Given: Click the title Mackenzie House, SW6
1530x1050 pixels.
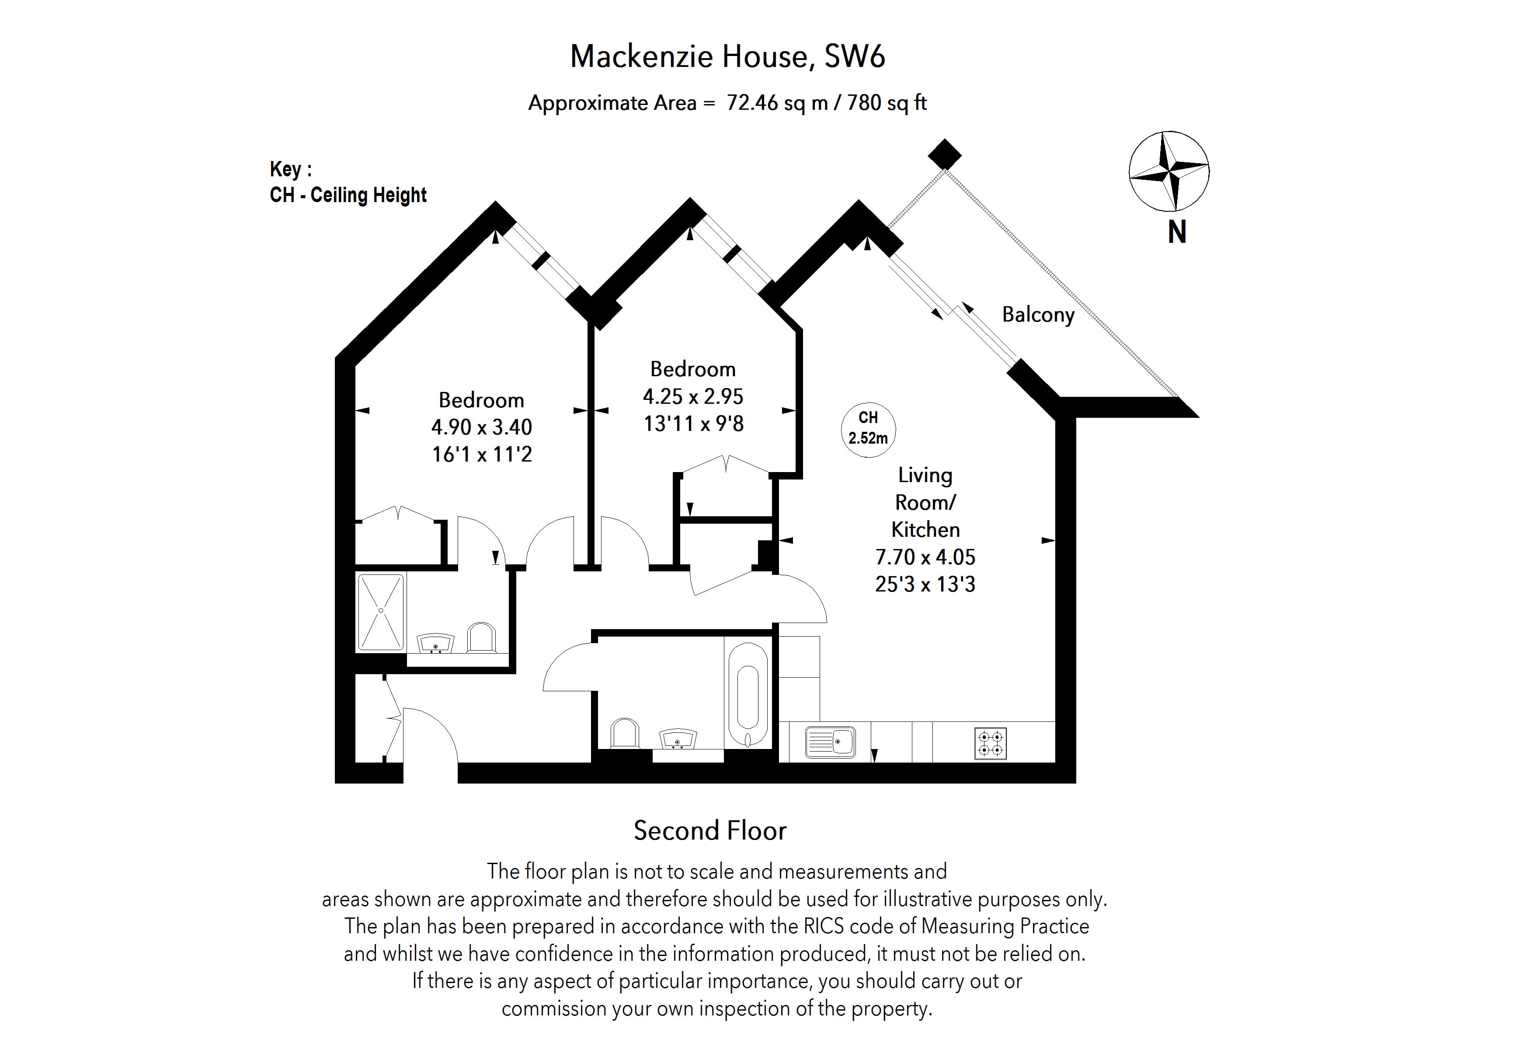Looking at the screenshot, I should pyautogui.click(x=727, y=56).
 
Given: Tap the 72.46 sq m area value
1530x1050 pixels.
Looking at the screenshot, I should pyautogui.click(x=777, y=103).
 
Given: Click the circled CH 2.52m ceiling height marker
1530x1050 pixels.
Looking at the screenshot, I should pyautogui.click(x=868, y=428).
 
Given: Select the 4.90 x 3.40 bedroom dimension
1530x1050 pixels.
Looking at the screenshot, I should pyautogui.click(x=481, y=427).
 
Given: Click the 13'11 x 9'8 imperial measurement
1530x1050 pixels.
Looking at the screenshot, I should pyautogui.click(x=693, y=423).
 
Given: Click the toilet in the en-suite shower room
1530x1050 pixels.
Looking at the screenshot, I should pyautogui.click(x=481, y=637).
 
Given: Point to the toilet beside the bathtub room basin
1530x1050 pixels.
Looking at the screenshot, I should pyautogui.click(x=624, y=733).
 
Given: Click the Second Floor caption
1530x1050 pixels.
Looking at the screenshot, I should pyautogui.click(x=709, y=831).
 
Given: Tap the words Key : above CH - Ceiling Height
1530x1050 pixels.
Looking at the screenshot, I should pyautogui.click(x=290, y=169).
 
